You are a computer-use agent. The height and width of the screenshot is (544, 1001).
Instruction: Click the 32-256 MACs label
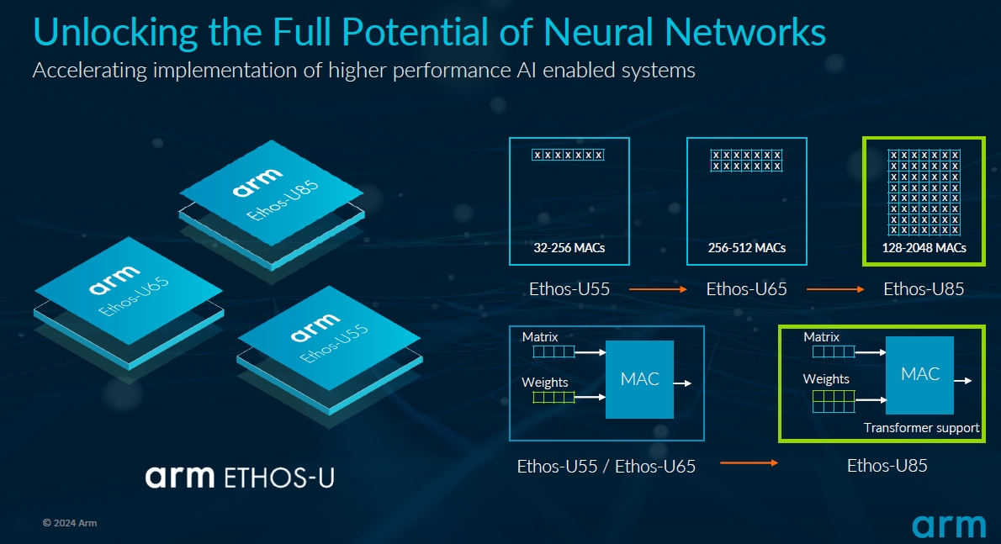pyautogui.click(x=569, y=248)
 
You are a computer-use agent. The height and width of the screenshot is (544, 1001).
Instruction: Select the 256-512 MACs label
pyautogui.click(x=746, y=248)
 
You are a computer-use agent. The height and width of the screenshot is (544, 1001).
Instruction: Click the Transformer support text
pyautogui.click(x=921, y=428)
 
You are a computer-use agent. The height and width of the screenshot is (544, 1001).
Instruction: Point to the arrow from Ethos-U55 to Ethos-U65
pyautogui.click(x=658, y=290)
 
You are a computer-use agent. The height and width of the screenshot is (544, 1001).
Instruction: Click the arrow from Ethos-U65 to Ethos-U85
pyautogui.click(x=835, y=290)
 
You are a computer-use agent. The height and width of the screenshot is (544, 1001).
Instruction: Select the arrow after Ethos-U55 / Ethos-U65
pyautogui.click(x=749, y=463)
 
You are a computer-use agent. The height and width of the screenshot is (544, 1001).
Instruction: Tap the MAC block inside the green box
pyautogui.click(x=919, y=375)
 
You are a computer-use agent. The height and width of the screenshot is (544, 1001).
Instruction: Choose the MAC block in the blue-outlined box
pyautogui.click(x=639, y=379)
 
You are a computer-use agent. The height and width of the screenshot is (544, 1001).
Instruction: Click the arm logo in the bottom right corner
pyautogui.click(x=949, y=526)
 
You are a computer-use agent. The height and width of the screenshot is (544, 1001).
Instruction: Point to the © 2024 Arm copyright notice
pyautogui.click(x=70, y=523)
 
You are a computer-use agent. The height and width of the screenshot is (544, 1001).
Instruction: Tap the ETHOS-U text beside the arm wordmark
pyautogui.click(x=279, y=478)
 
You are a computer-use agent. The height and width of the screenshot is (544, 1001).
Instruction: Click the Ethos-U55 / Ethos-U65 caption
pyautogui.click(x=606, y=466)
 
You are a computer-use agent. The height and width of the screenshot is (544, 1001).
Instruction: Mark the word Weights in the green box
pyautogui.click(x=826, y=379)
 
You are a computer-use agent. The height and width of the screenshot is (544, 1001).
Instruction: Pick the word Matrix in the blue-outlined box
pyautogui.click(x=539, y=337)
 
